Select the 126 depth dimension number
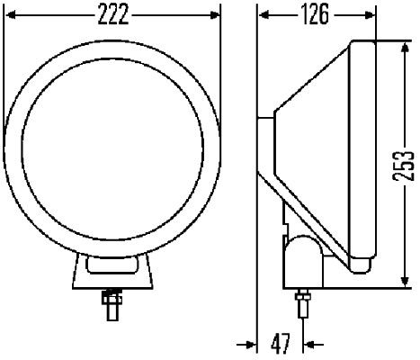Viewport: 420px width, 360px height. (316, 15)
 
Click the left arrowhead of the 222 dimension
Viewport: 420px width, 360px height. (11, 15)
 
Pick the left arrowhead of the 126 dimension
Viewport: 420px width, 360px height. (263, 15)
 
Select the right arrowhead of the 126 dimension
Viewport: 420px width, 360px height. (371, 15)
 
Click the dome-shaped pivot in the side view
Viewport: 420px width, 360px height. (301, 248)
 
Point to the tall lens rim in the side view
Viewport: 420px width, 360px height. (364, 153)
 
